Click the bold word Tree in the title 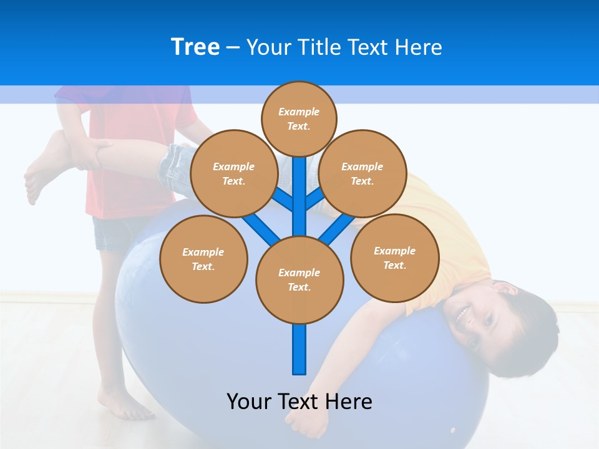(x=195, y=47)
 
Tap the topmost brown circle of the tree (x=299, y=118)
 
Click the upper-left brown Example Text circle (x=233, y=173)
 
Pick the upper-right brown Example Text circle (x=363, y=173)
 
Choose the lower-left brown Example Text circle (x=203, y=259)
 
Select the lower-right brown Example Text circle (x=395, y=258)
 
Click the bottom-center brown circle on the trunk (x=299, y=279)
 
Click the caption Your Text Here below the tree (x=299, y=401)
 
